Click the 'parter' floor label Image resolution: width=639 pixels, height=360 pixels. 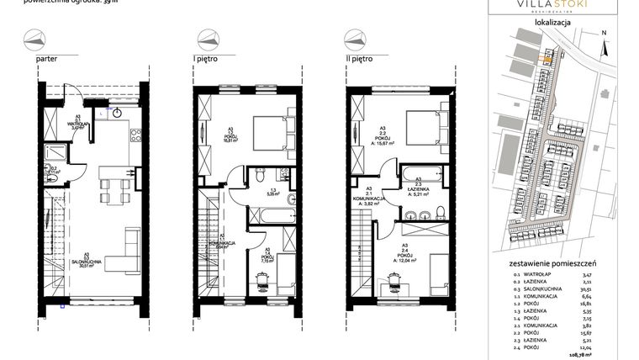47,61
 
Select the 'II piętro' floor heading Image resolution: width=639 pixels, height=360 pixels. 360,61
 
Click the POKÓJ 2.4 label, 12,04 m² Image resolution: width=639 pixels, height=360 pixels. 409,254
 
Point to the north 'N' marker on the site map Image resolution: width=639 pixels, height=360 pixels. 604,33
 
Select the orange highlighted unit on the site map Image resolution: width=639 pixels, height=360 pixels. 547,58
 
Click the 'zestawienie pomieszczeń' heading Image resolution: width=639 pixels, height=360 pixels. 553,263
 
